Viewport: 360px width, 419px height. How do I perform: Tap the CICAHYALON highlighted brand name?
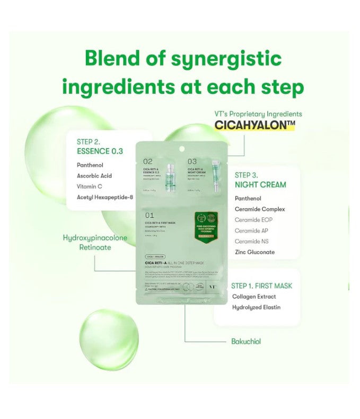254,125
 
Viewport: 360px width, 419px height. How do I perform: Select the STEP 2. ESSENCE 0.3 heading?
100,146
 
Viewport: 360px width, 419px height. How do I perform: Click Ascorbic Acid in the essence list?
94,176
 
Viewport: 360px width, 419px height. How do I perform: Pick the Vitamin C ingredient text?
89,187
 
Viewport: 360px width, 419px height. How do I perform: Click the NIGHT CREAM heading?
260,185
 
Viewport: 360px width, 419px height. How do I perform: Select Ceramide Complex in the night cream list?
260,209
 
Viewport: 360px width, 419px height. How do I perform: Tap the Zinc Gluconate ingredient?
254,252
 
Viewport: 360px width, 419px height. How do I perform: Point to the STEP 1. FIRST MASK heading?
261,286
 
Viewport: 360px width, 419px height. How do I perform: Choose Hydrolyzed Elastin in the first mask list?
256,307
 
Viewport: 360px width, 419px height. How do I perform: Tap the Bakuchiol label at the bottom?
246,342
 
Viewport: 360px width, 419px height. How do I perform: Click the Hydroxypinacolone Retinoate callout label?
95,242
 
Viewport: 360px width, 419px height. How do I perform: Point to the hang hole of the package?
182,148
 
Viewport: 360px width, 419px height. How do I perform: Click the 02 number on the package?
148,161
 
